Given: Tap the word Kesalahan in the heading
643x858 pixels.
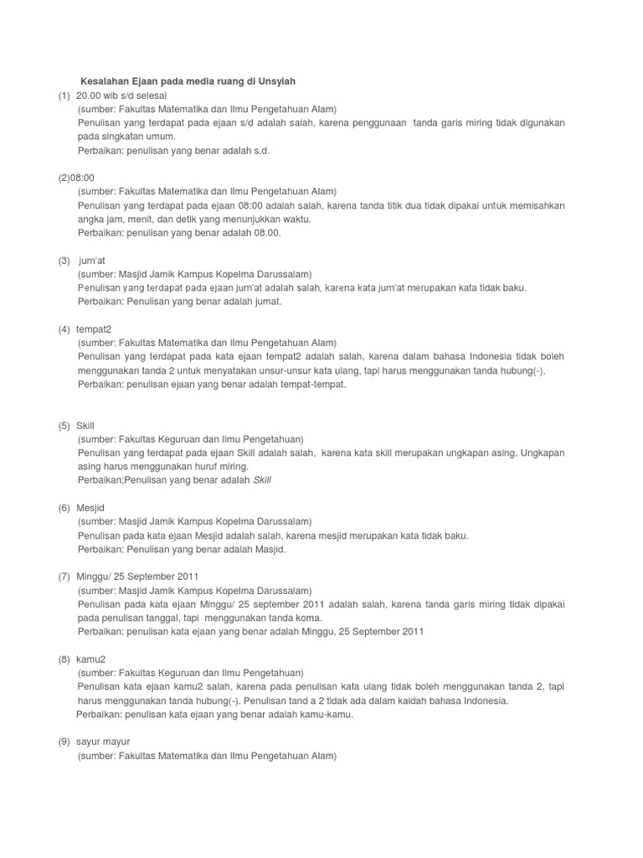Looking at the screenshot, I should click(105, 81).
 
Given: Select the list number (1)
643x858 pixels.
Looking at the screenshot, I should click(64, 96).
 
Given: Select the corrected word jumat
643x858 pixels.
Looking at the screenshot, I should click(265, 302).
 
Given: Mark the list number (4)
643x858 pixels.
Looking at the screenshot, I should click(64, 328).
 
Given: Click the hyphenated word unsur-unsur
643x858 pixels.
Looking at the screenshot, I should click(274, 370).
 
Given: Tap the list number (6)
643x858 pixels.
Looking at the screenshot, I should click(64, 508).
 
